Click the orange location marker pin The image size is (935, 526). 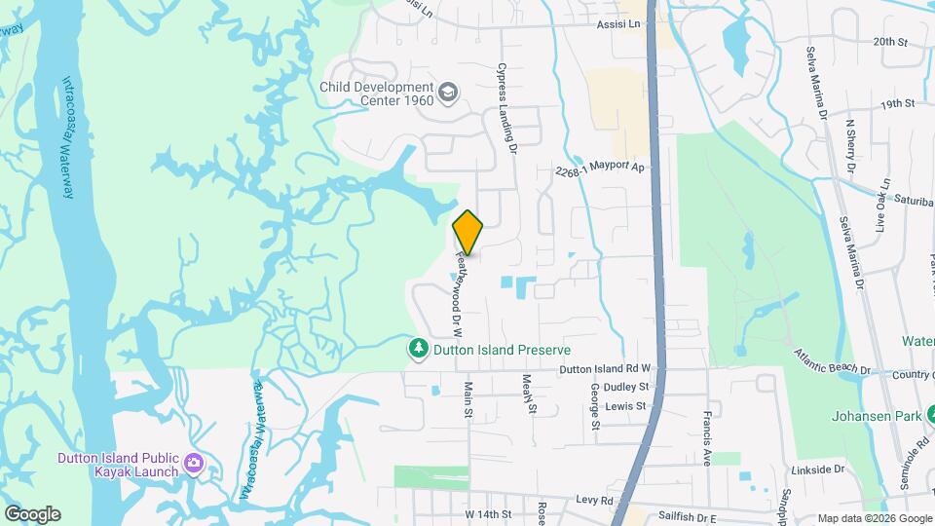point(468,233)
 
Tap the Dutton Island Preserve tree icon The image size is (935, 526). point(419,349)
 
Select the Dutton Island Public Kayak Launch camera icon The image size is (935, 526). point(193,462)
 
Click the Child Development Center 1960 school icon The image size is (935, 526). point(448,93)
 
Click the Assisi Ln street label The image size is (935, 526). point(620,22)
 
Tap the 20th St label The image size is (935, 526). point(889,42)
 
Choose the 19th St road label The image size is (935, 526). point(897,103)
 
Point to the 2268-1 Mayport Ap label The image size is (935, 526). point(600,169)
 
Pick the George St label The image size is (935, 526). point(593,405)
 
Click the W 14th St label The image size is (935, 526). point(488,513)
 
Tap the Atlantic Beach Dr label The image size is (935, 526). point(831,361)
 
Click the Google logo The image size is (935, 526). point(32,513)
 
